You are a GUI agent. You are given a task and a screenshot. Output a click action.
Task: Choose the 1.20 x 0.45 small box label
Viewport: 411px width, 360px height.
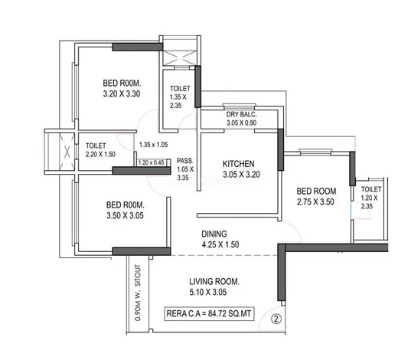(152, 162)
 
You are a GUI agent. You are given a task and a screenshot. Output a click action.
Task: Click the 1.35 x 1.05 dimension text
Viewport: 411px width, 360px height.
(154, 145)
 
